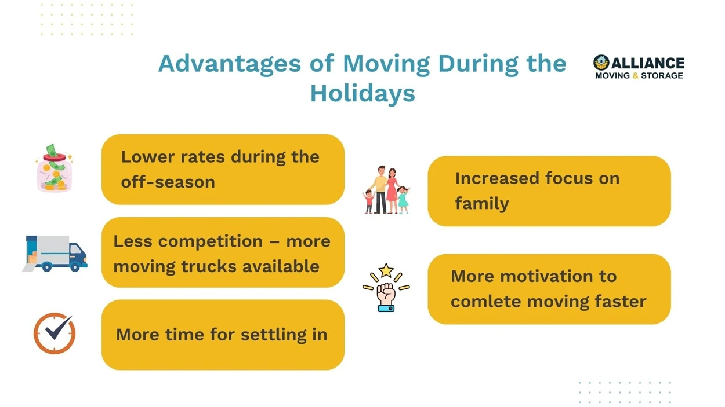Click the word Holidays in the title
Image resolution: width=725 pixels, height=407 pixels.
[362, 94]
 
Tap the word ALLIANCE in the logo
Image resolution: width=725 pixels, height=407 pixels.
[648, 63]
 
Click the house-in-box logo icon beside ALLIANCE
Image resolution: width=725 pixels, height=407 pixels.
[601, 63]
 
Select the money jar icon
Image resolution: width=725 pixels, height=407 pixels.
[54, 168]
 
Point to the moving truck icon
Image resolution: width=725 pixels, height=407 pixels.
[55, 254]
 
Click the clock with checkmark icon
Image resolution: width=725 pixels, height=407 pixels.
[55, 333]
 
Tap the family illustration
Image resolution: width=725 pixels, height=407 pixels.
[386, 190]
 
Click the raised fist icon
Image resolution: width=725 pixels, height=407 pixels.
[386, 297]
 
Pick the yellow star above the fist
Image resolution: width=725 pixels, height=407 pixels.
[386, 271]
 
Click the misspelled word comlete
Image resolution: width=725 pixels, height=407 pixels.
[486, 302]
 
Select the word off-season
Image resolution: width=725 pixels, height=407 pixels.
[168, 182]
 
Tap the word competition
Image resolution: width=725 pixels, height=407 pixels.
[211, 242]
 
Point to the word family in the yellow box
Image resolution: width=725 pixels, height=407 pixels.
[482, 204]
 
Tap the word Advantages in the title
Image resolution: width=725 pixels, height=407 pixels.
[230, 64]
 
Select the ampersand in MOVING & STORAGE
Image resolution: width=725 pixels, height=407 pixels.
[635, 76]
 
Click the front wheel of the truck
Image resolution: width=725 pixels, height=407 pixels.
[75, 267]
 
